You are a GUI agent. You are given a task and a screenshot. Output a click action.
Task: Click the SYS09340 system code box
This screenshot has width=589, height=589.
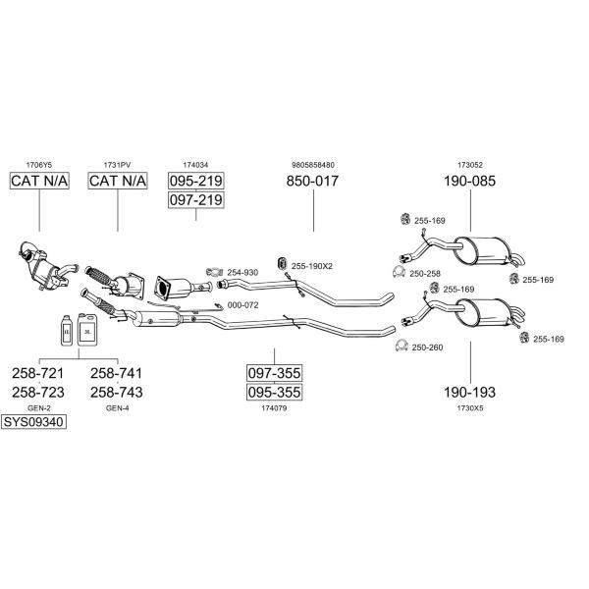33,422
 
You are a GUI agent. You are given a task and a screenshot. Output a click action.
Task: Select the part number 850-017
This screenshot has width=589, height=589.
312,181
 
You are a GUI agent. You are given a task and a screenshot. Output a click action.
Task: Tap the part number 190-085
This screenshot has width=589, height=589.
470,181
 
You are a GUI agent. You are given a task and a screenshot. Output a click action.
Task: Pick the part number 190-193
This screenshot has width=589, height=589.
470,392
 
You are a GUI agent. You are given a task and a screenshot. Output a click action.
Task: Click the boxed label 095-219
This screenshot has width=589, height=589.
195,181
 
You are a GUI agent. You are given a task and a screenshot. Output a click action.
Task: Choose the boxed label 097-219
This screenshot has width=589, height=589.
195,200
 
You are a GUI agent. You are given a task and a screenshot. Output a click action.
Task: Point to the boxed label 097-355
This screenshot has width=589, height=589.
274,373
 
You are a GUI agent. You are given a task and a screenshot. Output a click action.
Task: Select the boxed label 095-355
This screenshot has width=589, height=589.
274,392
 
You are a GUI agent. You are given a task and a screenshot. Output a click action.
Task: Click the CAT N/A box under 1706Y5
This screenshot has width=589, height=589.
39,181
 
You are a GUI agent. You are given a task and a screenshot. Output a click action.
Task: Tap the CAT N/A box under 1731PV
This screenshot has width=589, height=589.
118,181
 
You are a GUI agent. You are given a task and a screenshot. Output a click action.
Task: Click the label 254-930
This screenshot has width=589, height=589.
242,272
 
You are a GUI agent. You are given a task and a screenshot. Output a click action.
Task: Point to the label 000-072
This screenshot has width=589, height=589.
243,305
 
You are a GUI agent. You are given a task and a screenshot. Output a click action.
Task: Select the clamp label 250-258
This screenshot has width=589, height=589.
425,274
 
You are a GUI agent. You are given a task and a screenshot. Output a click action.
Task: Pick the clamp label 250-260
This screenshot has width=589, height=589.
427,348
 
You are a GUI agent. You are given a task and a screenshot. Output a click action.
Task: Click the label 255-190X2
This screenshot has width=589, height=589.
312,266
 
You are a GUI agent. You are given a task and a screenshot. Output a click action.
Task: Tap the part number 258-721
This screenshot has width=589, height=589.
38,373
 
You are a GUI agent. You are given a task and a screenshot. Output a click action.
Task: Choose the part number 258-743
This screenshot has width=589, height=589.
117,392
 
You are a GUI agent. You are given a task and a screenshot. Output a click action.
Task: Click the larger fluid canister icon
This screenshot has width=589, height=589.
87,330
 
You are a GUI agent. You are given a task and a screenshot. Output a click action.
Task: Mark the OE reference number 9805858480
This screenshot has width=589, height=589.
313,165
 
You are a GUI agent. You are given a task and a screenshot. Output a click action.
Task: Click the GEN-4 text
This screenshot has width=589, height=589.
117,408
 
